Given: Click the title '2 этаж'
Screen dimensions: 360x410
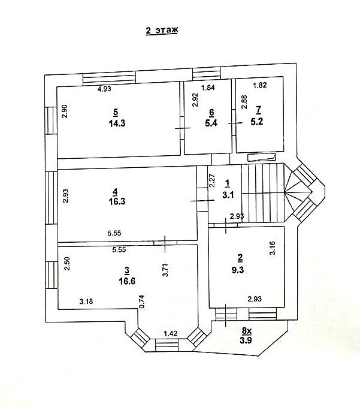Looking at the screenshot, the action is pyautogui.click(x=162, y=31).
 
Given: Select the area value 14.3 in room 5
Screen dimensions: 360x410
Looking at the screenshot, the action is pyautogui.click(x=117, y=123).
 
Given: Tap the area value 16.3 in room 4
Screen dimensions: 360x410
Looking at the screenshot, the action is pyautogui.click(x=117, y=201).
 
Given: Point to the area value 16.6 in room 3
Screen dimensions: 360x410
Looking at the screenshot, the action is pyautogui.click(x=127, y=281).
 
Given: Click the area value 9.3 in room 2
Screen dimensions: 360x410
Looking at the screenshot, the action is pyautogui.click(x=238, y=270).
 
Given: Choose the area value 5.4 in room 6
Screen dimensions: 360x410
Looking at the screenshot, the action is pyautogui.click(x=211, y=123).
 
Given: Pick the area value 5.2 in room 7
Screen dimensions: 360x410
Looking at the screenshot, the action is pyautogui.click(x=257, y=122).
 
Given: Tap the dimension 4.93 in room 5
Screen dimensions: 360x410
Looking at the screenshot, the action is pyautogui.click(x=104, y=89).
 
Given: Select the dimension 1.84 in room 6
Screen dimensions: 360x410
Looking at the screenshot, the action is pyautogui.click(x=208, y=88).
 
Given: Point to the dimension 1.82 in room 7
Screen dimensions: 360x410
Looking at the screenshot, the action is pyautogui.click(x=260, y=85).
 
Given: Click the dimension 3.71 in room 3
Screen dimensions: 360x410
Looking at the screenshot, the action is pyautogui.click(x=165, y=270).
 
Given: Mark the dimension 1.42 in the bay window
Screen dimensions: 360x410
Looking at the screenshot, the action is pyautogui.click(x=170, y=333).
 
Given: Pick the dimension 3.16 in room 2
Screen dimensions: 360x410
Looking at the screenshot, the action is pyautogui.click(x=273, y=248).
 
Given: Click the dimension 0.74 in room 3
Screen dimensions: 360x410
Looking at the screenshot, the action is pyautogui.click(x=141, y=302).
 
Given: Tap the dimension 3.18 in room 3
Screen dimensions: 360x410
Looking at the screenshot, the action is pyautogui.click(x=86, y=302).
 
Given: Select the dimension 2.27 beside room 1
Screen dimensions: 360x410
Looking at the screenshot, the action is pyautogui.click(x=212, y=181).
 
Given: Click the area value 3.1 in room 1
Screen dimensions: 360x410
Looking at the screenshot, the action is pyautogui.click(x=228, y=195).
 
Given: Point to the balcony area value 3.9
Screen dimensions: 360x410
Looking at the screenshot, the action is pyautogui.click(x=246, y=340).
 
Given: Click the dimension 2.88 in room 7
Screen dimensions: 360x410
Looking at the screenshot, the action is pyautogui.click(x=244, y=102).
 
